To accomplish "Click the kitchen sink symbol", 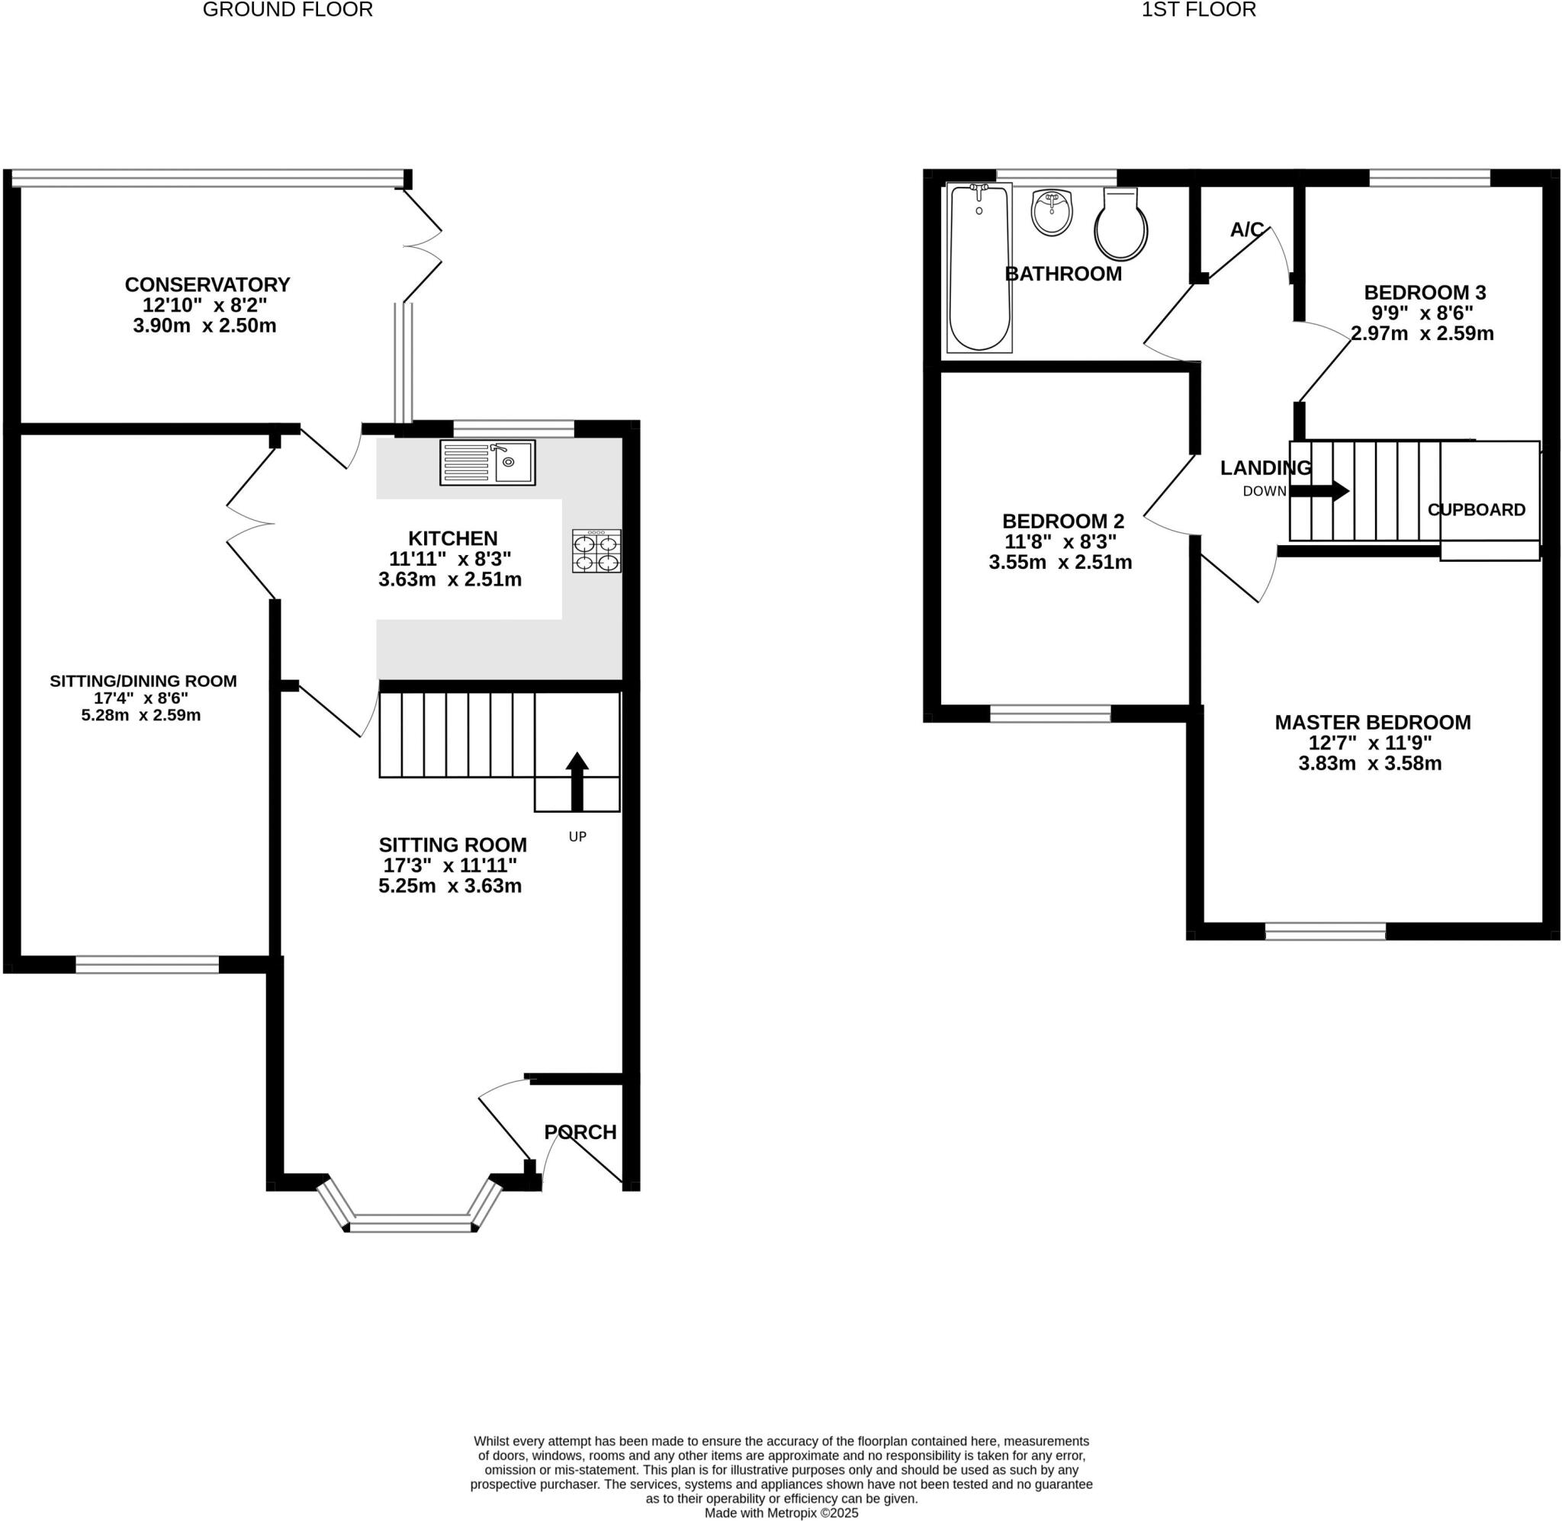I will (x=487, y=463).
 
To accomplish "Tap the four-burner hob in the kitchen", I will (x=596, y=551).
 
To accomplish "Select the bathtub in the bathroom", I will (x=979, y=268).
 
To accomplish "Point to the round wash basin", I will (x=1052, y=213).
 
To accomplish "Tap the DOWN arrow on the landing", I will (x=1319, y=490).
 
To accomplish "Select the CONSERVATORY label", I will (x=207, y=284).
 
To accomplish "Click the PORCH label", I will (x=580, y=1132).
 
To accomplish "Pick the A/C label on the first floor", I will (x=1246, y=230).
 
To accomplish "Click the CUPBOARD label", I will (x=1476, y=509).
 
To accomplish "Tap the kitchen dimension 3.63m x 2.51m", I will (x=450, y=580).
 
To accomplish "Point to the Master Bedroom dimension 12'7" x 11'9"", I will (x=1370, y=742).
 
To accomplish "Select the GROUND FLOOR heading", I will (x=288, y=10).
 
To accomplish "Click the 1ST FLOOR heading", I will (x=1198, y=10).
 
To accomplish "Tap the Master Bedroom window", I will (x=1325, y=931).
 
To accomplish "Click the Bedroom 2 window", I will (x=1050, y=714).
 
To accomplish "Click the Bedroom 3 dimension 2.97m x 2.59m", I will (x=1422, y=333).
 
